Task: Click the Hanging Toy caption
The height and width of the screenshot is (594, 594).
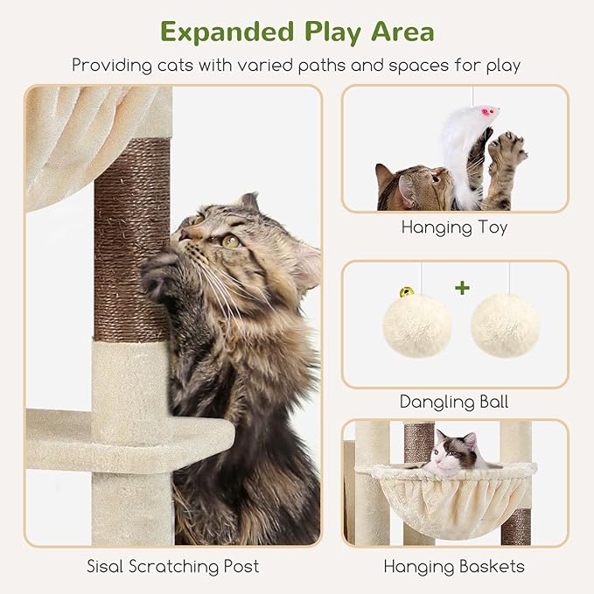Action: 454,227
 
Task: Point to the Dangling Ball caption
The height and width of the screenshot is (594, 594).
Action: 454,402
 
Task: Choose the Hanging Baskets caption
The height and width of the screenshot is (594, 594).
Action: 454,566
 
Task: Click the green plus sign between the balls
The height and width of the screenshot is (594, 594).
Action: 462,287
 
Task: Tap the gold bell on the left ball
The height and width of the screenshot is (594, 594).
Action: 408,291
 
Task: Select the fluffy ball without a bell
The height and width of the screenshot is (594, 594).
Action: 505,325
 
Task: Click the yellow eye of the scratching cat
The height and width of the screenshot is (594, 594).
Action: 230,241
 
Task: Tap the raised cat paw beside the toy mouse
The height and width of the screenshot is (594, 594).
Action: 507,151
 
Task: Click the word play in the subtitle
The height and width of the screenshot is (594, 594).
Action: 501,66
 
